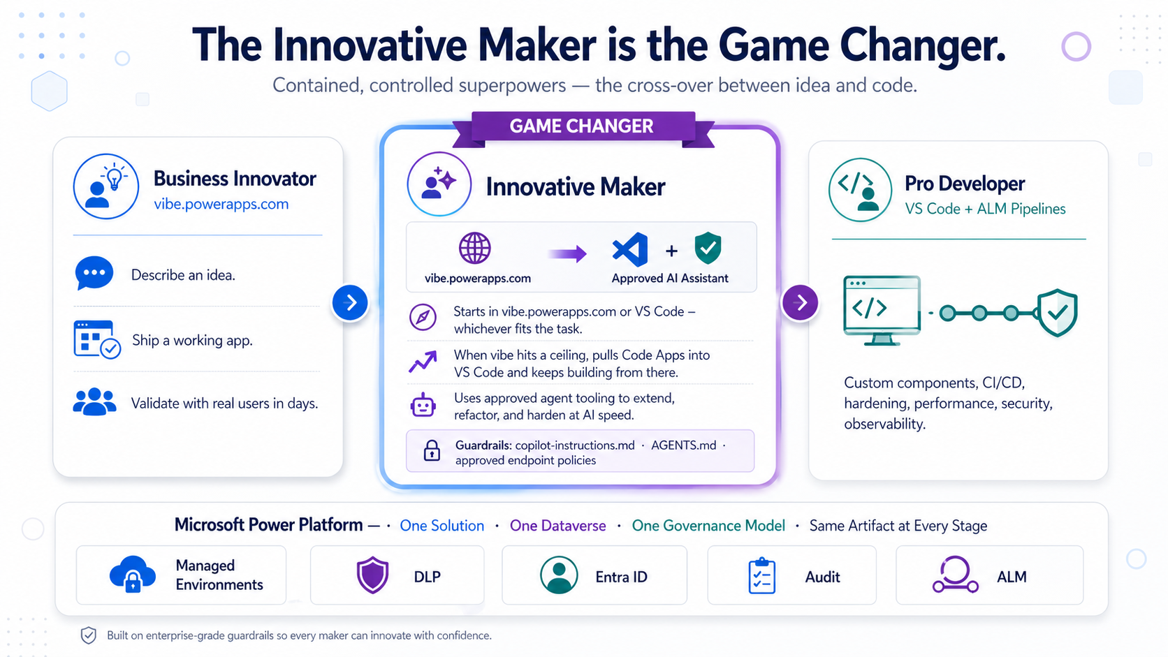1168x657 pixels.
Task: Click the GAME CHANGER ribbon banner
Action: pyautogui.click(x=582, y=126)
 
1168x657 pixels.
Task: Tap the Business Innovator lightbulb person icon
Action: pyautogui.click(x=106, y=186)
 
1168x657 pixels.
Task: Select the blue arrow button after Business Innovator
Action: pyautogui.click(x=350, y=302)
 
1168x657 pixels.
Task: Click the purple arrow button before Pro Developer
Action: pyautogui.click(x=801, y=302)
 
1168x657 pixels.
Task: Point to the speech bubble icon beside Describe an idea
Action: pyautogui.click(x=94, y=274)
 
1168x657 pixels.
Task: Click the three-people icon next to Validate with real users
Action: pyautogui.click(x=94, y=402)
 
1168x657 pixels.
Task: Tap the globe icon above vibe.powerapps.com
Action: pyautogui.click(x=475, y=249)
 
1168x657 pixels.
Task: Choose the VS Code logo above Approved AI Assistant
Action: pyautogui.click(x=630, y=250)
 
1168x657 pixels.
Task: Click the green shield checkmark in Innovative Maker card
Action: pyautogui.click(x=708, y=249)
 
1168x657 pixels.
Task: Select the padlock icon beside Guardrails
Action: pyautogui.click(x=432, y=450)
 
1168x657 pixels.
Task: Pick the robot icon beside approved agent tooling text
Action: pyautogui.click(x=423, y=405)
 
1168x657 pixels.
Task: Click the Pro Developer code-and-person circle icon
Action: pyautogui.click(x=860, y=190)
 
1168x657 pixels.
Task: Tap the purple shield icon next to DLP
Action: pyautogui.click(x=372, y=575)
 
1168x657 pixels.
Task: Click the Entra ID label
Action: pyautogui.click(x=621, y=577)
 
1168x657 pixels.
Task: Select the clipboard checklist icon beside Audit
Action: pyautogui.click(x=761, y=576)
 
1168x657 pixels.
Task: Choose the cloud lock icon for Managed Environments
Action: pyautogui.click(x=133, y=574)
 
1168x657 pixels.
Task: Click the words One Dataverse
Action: pyautogui.click(x=557, y=526)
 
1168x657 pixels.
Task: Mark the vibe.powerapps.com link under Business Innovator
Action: pyautogui.click(x=221, y=204)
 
